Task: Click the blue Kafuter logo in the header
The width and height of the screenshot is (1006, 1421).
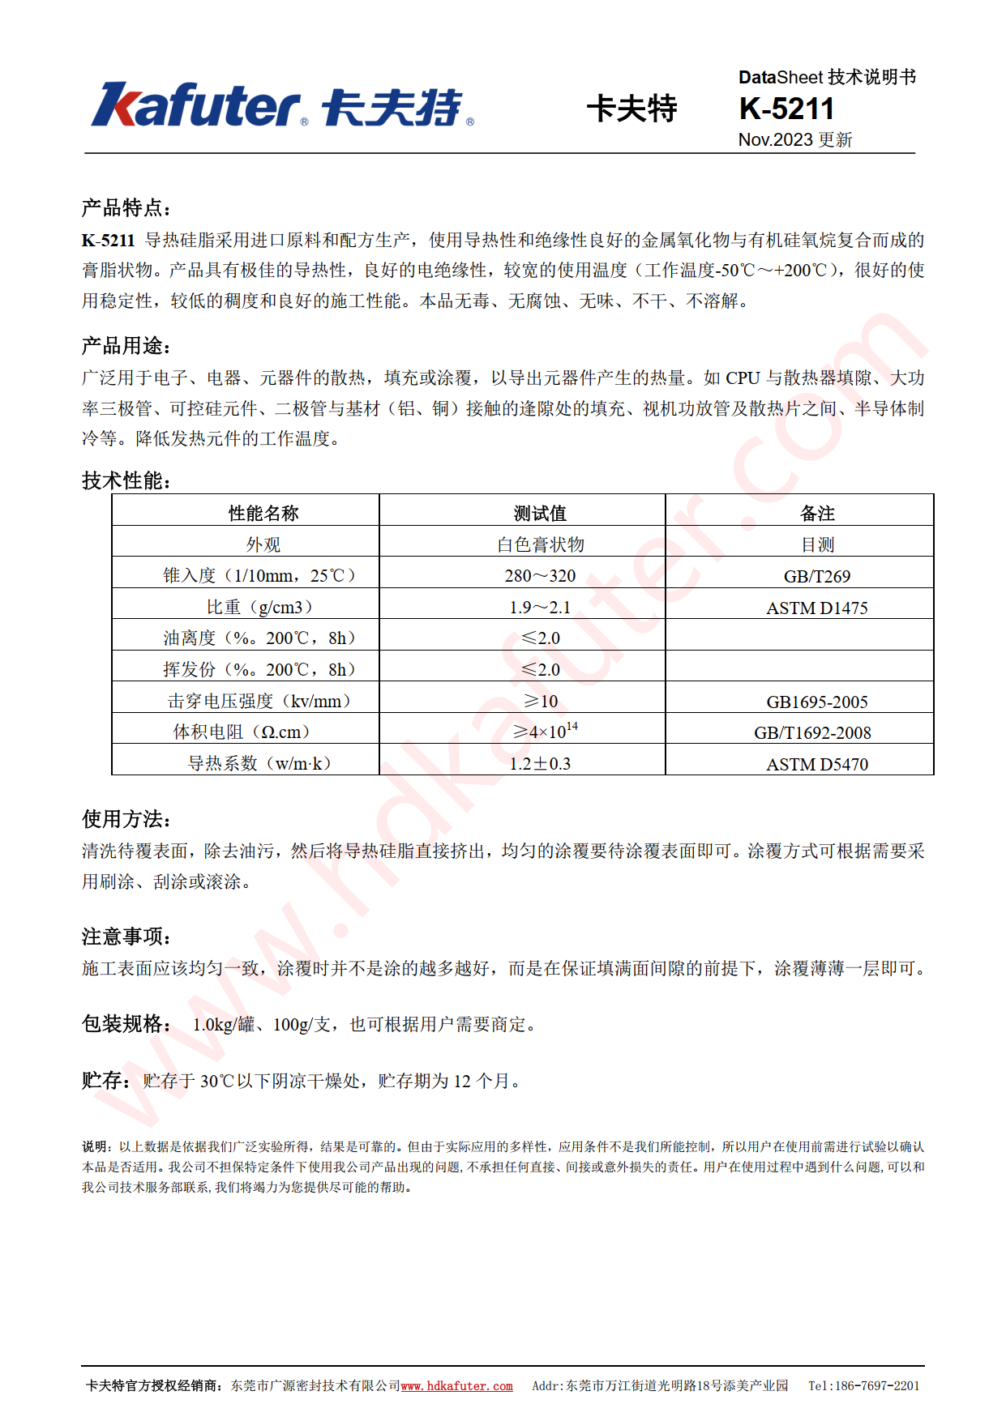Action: pyautogui.click(x=281, y=106)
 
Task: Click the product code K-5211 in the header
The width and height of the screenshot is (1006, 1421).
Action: pyautogui.click(x=786, y=109)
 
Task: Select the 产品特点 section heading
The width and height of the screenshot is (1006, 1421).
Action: pyautogui.click(x=126, y=208)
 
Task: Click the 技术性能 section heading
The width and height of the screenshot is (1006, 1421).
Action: pyautogui.click(x=126, y=480)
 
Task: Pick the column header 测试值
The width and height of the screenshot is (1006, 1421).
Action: pyautogui.click(x=540, y=513)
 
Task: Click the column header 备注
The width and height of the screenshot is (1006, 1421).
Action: pyautogui.click(x=816, y=513)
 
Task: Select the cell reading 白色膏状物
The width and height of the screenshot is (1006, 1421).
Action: pyautogui.click(x=540, y=544)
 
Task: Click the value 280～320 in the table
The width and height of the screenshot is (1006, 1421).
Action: pyautogui.click(x=540, y=576)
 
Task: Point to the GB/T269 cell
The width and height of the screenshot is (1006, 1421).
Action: pyautogui.click(x=816, y=576)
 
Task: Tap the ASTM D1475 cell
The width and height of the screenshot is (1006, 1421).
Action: pyautogui.click(x=816, y=608)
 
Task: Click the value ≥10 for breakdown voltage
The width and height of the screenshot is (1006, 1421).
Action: pyautogui.click(x=540, y=702)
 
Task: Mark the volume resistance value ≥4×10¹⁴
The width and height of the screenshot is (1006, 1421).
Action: pyautogui.click(x=545, y=731)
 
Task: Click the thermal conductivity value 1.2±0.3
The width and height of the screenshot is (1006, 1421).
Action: pyautogui.click(x=540, y=764)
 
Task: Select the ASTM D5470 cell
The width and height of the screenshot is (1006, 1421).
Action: pyautogui.click(x=816, y=764)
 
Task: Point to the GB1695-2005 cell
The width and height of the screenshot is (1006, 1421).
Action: pyautogui.click(x=816, y=702)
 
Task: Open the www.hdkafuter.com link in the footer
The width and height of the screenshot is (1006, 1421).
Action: pyautogui.click(x=456, y=1386)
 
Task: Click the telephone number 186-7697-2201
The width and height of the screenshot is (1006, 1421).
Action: pyautogui.click(x=877, y=1386)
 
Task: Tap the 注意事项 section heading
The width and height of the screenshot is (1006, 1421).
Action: pyautogui.click(x=126, y=937)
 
